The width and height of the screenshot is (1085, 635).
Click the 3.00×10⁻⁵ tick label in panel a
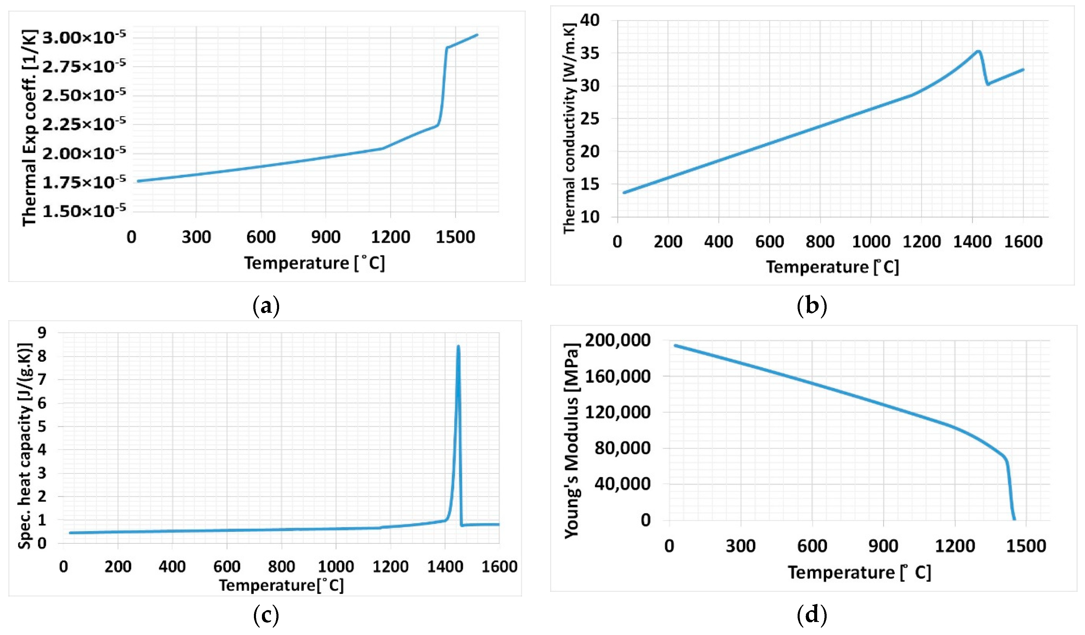[x=84, y=38]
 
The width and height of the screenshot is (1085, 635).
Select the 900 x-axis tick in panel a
[x=326, y=237]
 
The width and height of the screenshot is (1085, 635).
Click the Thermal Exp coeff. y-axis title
[x=29, y=128]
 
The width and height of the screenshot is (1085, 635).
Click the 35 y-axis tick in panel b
[x=590, y=53]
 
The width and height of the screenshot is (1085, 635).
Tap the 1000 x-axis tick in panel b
[x=870, y=241]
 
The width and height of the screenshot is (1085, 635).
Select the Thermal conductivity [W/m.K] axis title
[x=569, y=128]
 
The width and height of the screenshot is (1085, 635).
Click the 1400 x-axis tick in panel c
[x=445, y=567]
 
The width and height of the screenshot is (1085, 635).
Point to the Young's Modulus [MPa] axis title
[x=571, y=440]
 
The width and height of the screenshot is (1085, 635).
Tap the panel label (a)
[x=266, y=307]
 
